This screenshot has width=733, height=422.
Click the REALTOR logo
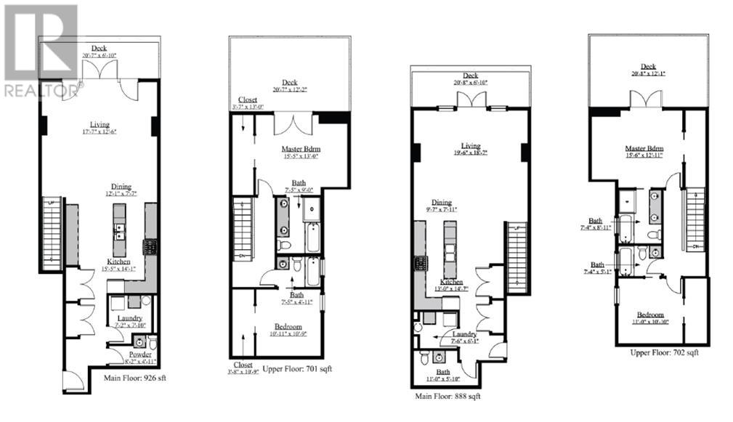pos(41,51)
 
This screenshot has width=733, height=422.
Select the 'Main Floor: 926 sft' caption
pos(134,378)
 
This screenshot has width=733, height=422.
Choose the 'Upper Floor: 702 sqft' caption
pos(665,353)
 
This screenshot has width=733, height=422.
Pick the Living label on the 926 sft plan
pos(99,124)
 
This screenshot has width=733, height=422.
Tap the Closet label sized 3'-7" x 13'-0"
pos(248,101)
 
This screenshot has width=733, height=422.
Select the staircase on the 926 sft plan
pos(51,233)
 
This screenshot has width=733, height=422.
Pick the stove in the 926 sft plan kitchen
pos(150,246)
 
